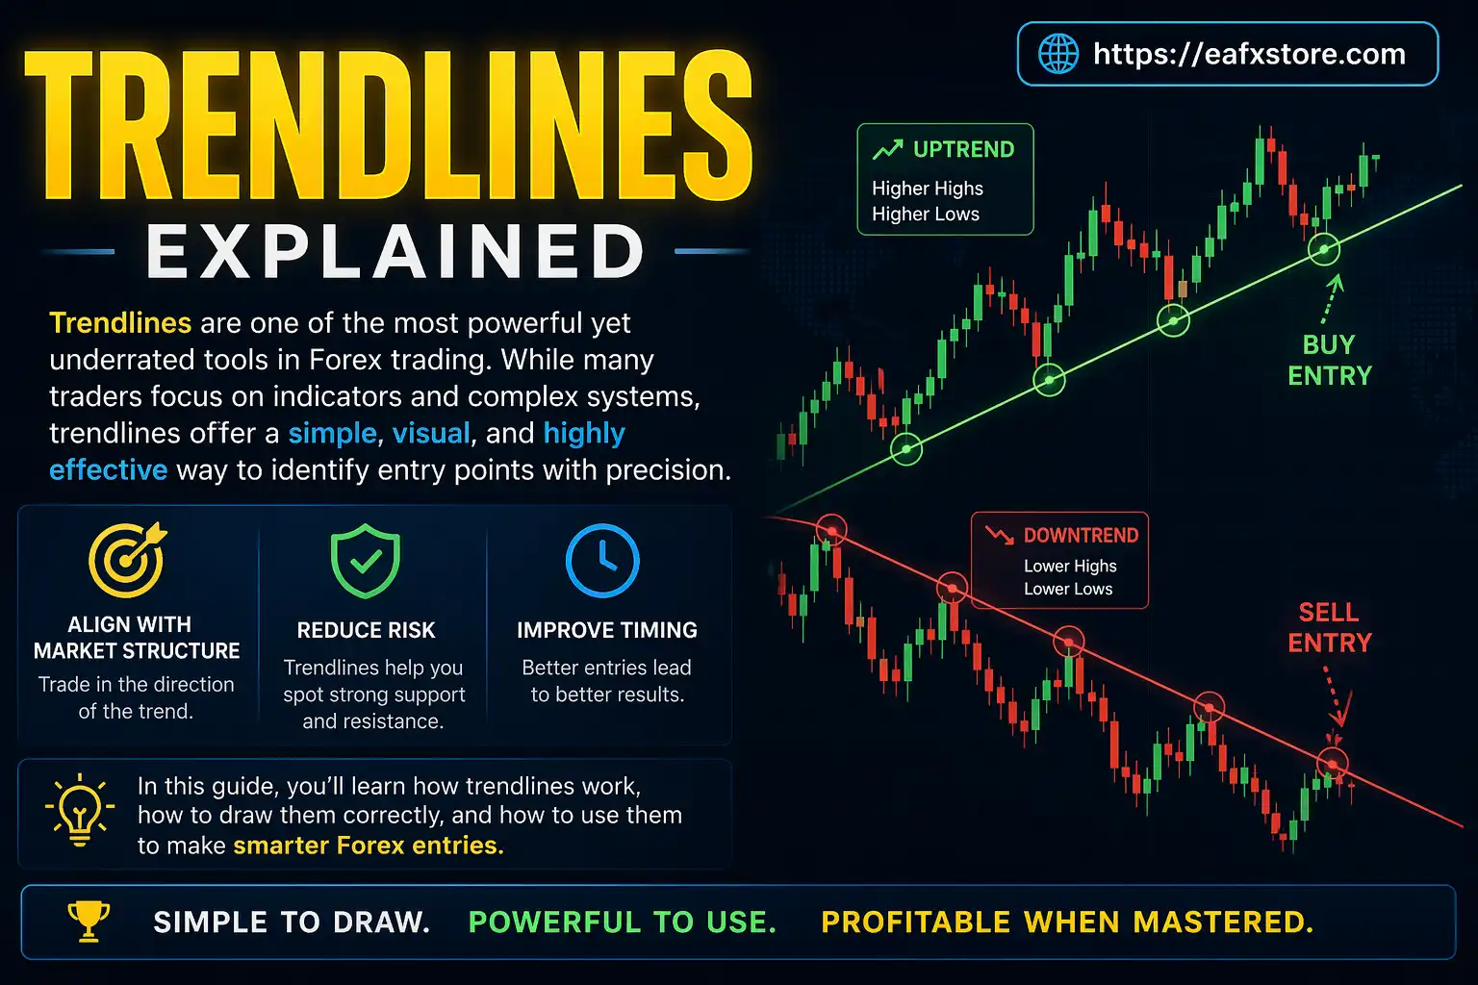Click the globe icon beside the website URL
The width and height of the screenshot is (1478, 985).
click(x=1058, y=54)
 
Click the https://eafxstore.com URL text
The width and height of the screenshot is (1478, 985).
click(x=1249, y=54)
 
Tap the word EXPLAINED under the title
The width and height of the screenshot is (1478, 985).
click(x=395, y=252)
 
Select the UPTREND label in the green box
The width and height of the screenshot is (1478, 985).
click(x=963, y=150)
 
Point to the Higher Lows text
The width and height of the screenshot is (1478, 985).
click(x=926, y=215)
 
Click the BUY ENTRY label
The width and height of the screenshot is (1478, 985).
click(x=1330, y=360)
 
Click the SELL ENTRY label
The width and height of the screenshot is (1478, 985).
click(x=1330, y=627)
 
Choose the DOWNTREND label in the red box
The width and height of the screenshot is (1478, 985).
click(x=1081, y=536)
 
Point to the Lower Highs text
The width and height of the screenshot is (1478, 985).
click(x=1070, y=566)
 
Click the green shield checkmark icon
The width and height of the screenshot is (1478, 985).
click(x=366, y=561)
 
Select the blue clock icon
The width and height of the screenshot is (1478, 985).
click(x=602, y=561)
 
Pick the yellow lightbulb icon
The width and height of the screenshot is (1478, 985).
click(x=80, y=810)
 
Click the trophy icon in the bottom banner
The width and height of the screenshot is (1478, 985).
click(x=89, y=921)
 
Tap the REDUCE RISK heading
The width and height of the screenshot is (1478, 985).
click(x=366, y=630)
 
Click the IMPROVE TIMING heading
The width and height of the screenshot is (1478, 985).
click(x=606, y=630)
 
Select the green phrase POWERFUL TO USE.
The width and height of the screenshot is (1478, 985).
click(x=622, y=922)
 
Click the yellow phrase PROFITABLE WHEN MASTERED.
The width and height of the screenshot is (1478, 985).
click(x=1067, y=922)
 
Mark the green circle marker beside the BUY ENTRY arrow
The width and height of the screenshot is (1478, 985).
click(x=1324, y=250)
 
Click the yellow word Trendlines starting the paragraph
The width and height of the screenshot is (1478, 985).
click(x=120, y=323)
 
